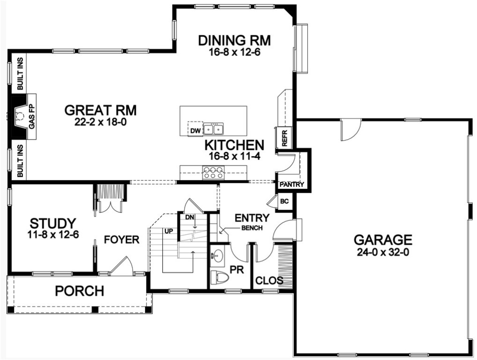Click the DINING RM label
[235, 40]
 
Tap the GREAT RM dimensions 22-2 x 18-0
[100, 122]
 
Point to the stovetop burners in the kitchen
[212, 172]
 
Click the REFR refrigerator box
[284, 137]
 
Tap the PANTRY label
[292, 185]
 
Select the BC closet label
[284, 202]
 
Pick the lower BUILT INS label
[20, 161]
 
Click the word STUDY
[53, 222]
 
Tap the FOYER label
[121, 240]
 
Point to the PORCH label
[79, 291]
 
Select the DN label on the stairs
[189, 217]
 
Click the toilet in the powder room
[220, 277]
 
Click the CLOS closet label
[269, 281]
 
